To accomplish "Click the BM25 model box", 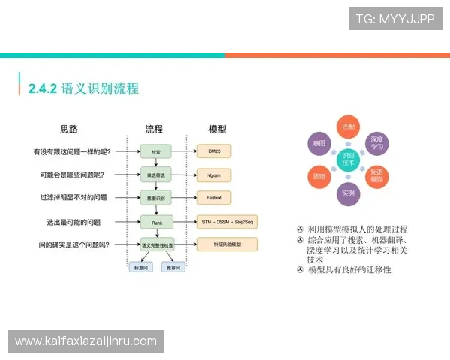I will [214, 151].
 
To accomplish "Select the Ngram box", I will [214, 175].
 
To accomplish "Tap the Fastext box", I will [214, 198].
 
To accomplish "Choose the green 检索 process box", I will [156, 151].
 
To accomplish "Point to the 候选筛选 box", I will [156, 175].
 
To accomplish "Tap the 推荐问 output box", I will [172, 267].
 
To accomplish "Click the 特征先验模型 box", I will [226, 244].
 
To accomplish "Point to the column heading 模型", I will [217, 129].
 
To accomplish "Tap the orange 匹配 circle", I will [348, 126].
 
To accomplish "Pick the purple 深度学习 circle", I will [377, 142].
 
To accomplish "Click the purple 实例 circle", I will [348, 193].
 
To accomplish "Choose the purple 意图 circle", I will [319, 142].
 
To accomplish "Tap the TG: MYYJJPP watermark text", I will [394, 19].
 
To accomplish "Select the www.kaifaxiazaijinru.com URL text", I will [86, 341].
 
